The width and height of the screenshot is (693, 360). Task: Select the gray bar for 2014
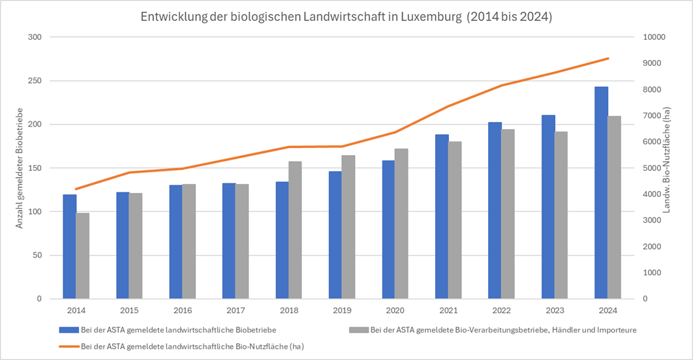(82, 256)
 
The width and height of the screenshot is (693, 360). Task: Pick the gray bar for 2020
(401, 224)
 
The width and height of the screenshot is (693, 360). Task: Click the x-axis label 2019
(341, 310)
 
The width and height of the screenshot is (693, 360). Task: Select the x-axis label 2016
(182, 310)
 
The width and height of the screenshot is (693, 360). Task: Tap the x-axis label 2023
(554, 310)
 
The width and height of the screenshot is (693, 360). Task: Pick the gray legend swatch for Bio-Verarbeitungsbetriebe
(358, 330)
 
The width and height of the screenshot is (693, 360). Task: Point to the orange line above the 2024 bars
(608, 59)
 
